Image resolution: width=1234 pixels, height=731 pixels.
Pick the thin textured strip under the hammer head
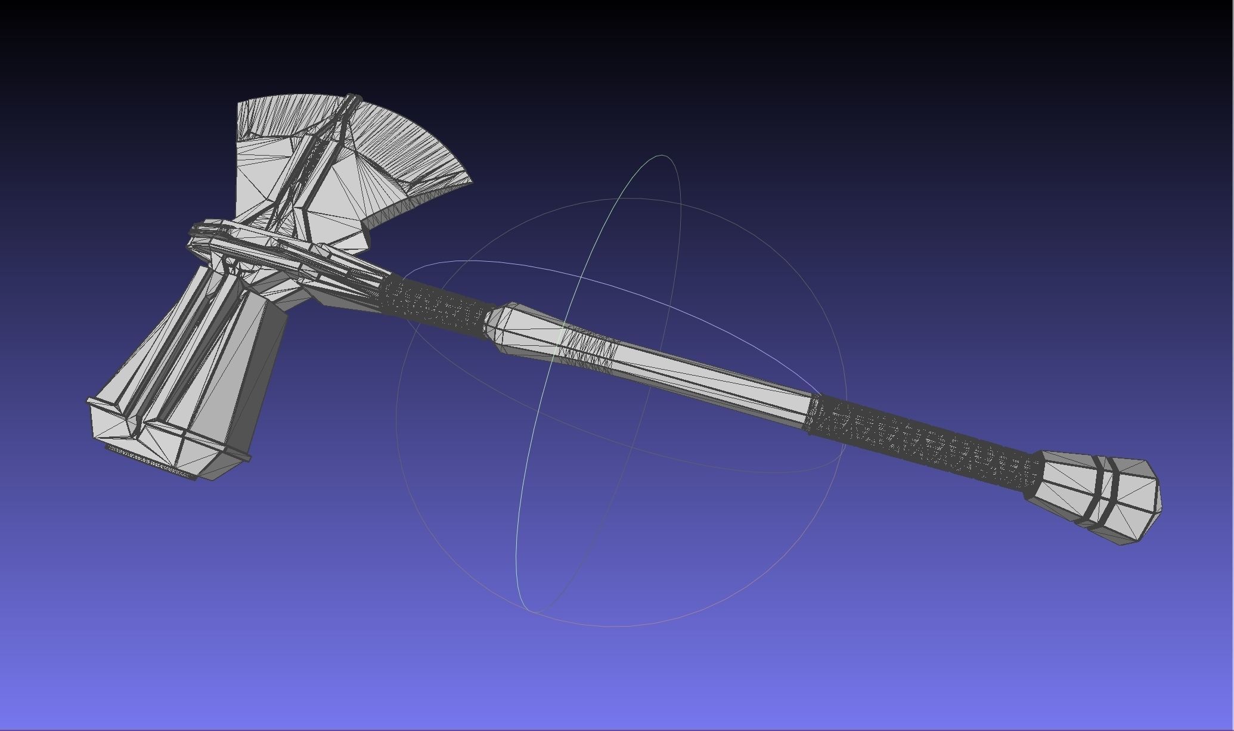152,463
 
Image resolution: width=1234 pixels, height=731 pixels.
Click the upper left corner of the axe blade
239,104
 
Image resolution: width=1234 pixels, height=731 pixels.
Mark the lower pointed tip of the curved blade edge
471,182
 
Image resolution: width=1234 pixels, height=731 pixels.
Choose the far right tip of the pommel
1159,495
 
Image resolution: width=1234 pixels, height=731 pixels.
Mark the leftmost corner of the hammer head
88,402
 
